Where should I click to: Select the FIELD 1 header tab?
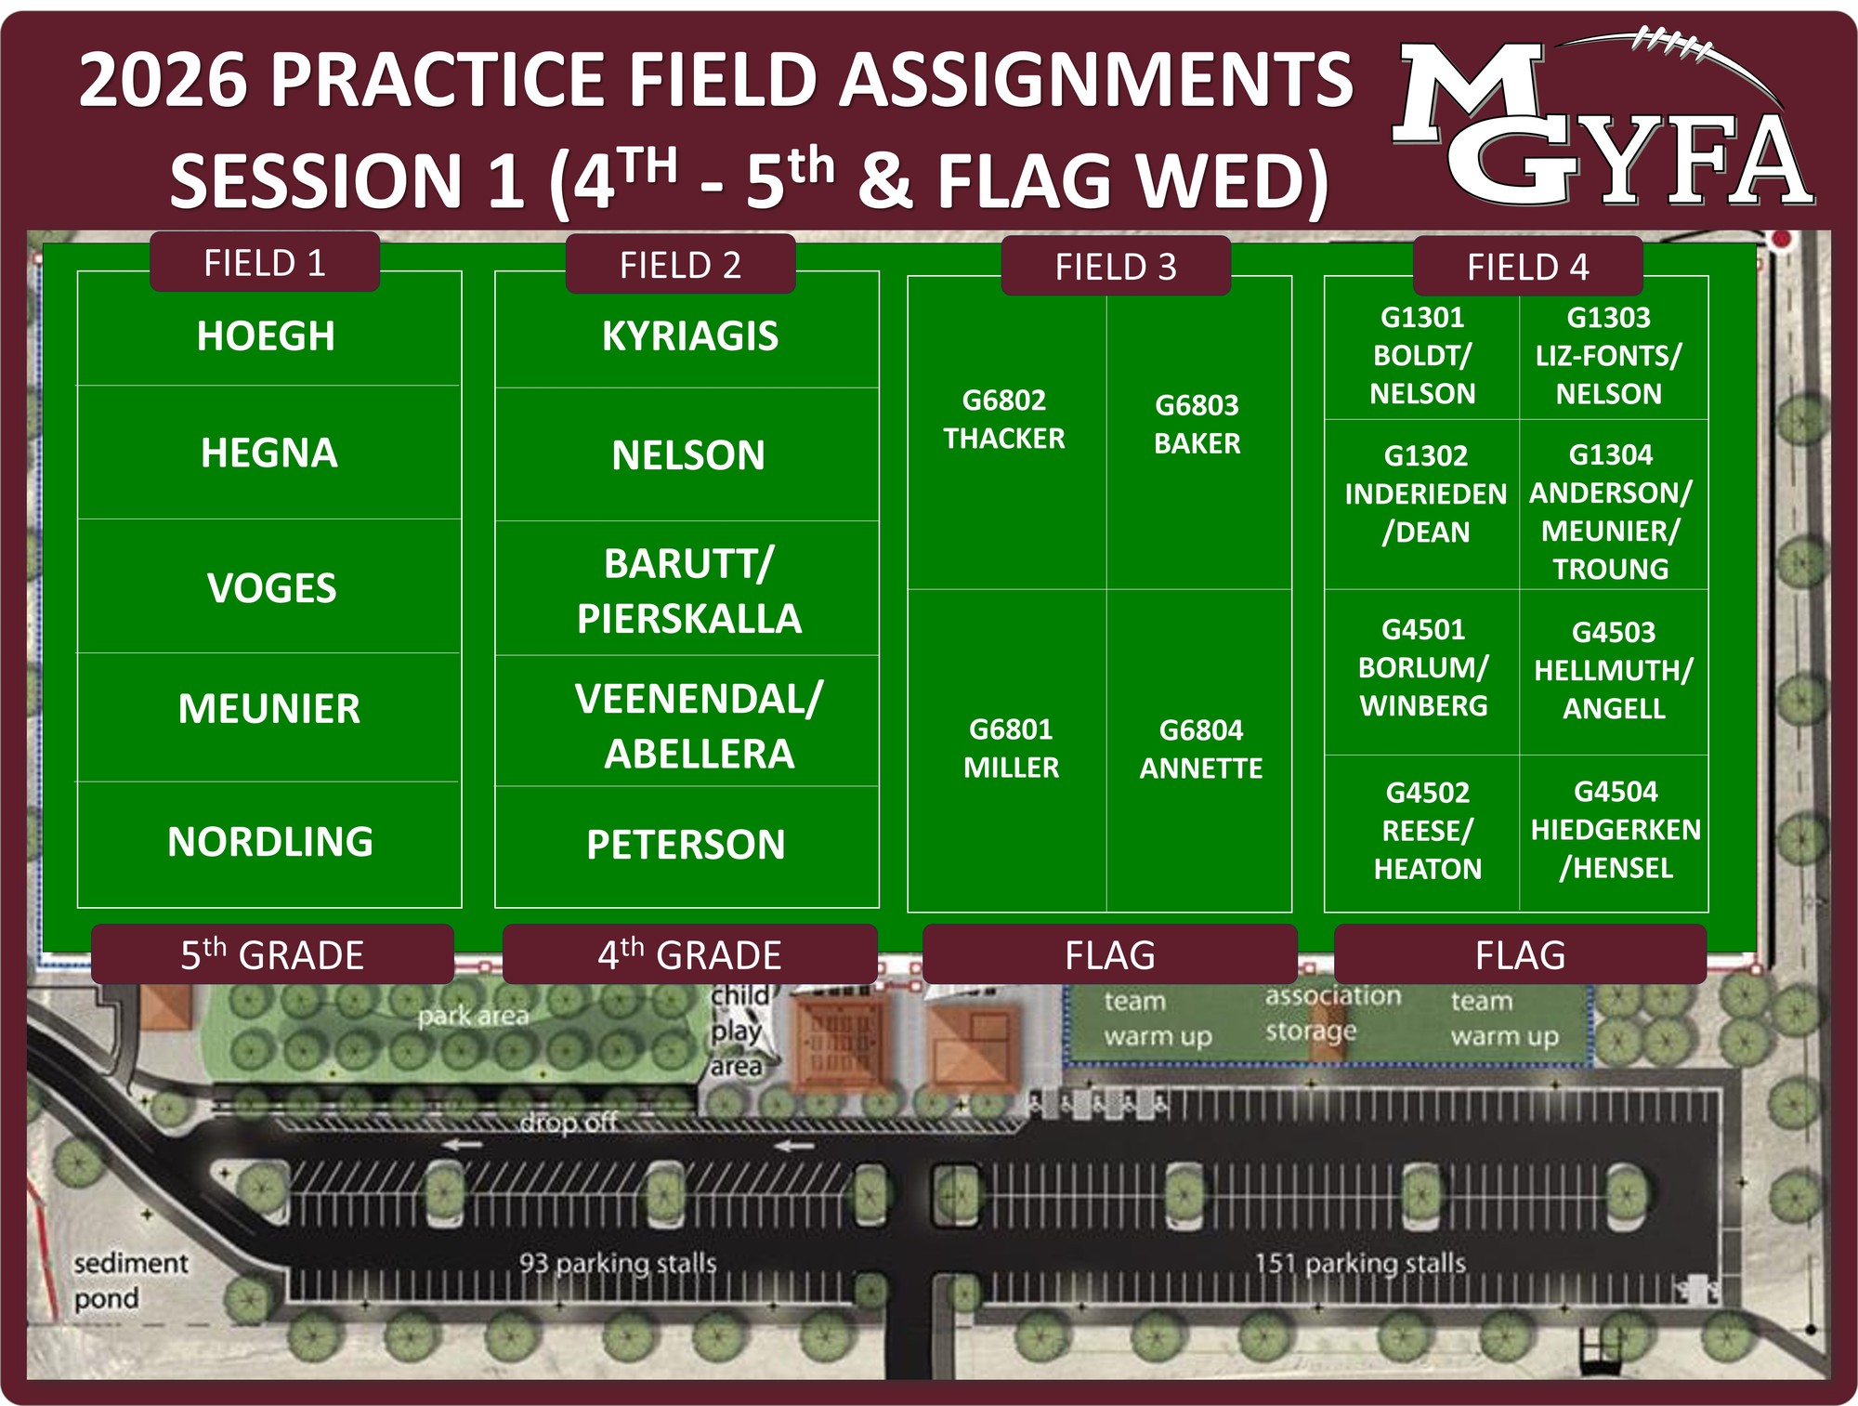(265, 262)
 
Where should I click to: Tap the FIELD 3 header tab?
(1116, 266)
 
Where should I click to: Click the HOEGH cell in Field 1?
(268, 329)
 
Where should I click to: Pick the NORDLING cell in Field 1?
(268, 844)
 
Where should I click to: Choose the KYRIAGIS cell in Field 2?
(687, 331)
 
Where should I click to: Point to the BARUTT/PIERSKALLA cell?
(687, 588)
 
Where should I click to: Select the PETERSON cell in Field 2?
(687, 847)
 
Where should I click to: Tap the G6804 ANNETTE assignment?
(1199, 750)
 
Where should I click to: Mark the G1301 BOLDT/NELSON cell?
(1422, 355)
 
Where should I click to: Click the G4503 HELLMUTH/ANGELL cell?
(1614, 671)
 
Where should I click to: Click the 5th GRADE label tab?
(272, 954)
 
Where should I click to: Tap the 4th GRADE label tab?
(689, 954)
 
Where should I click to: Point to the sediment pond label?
(130, 1281)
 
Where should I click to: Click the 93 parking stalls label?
(618, 1263)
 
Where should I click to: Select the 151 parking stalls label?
(1360, 1263)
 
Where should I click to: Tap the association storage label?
(1332, 1013)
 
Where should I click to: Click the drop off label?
(568, 1123)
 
